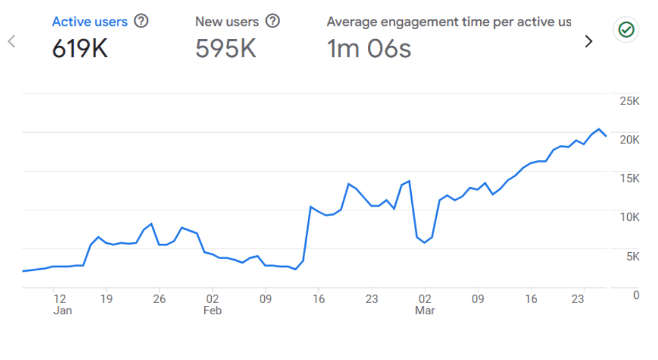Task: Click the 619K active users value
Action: pos(80,49)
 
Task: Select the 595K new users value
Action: pos(226,49)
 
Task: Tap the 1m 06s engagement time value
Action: pos(369,49)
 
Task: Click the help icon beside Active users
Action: pos(141,21)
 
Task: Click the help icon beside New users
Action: pos(272,21)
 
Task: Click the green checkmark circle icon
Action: pos(626,30)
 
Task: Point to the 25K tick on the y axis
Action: pos(629,101)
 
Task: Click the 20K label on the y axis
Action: pos(629,140)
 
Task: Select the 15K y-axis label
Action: pos(629,178)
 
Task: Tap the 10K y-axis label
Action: pos(629,217)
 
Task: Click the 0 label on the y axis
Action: pos(636,295)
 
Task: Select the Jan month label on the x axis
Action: pos(63,311)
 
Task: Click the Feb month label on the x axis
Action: pos(212,311)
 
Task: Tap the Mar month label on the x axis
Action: pos(425,311)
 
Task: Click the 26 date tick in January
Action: pos(159,299)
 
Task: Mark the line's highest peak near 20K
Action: pos(599,129)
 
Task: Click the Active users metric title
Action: pos(90,22)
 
